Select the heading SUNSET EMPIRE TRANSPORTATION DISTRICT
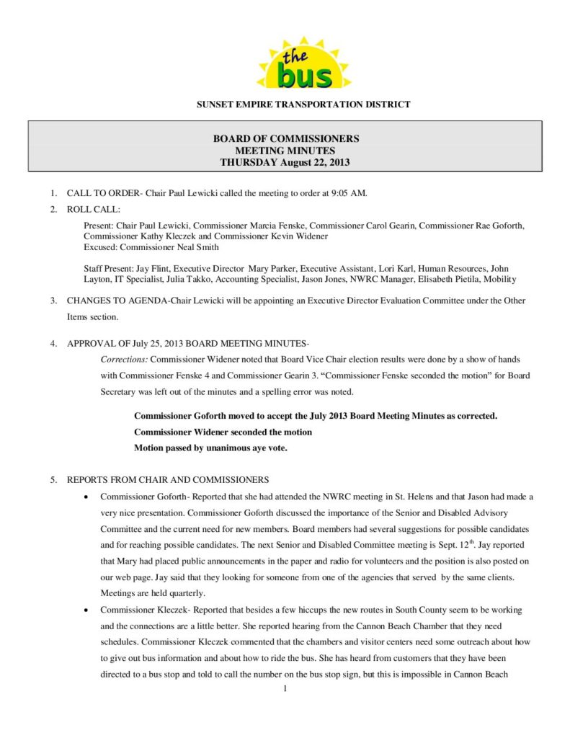coord(303,105)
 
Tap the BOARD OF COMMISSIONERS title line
coord(285,138)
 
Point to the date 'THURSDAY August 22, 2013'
coord(285,162)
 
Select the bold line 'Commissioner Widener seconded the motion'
coord(223,432)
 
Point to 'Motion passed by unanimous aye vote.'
coord(210,448)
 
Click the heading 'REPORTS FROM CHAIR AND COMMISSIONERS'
coord(168,480)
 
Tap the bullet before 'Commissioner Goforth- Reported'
coord(86,497)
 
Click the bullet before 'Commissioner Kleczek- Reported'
coord(86,610)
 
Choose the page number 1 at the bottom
coord(285,690)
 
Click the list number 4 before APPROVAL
coord(53,343)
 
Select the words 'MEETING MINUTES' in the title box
coord(285,151)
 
